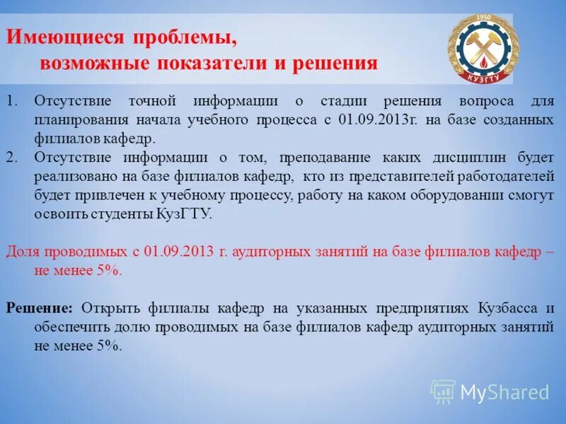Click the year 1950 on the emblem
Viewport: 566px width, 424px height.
pyautogui.click(x=483, y=17)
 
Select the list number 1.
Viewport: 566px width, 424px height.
pyautogui.click(x=11, y=101)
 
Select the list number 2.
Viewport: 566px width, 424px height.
pyautogui.click(x=11, y=156)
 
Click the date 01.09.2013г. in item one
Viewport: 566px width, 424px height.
pyautogui.click(x=379, y=119)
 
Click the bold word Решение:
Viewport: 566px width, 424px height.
pyautogui.click(x=40, y=308)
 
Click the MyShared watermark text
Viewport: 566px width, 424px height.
pyautogui.click(x=504, y=391)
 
